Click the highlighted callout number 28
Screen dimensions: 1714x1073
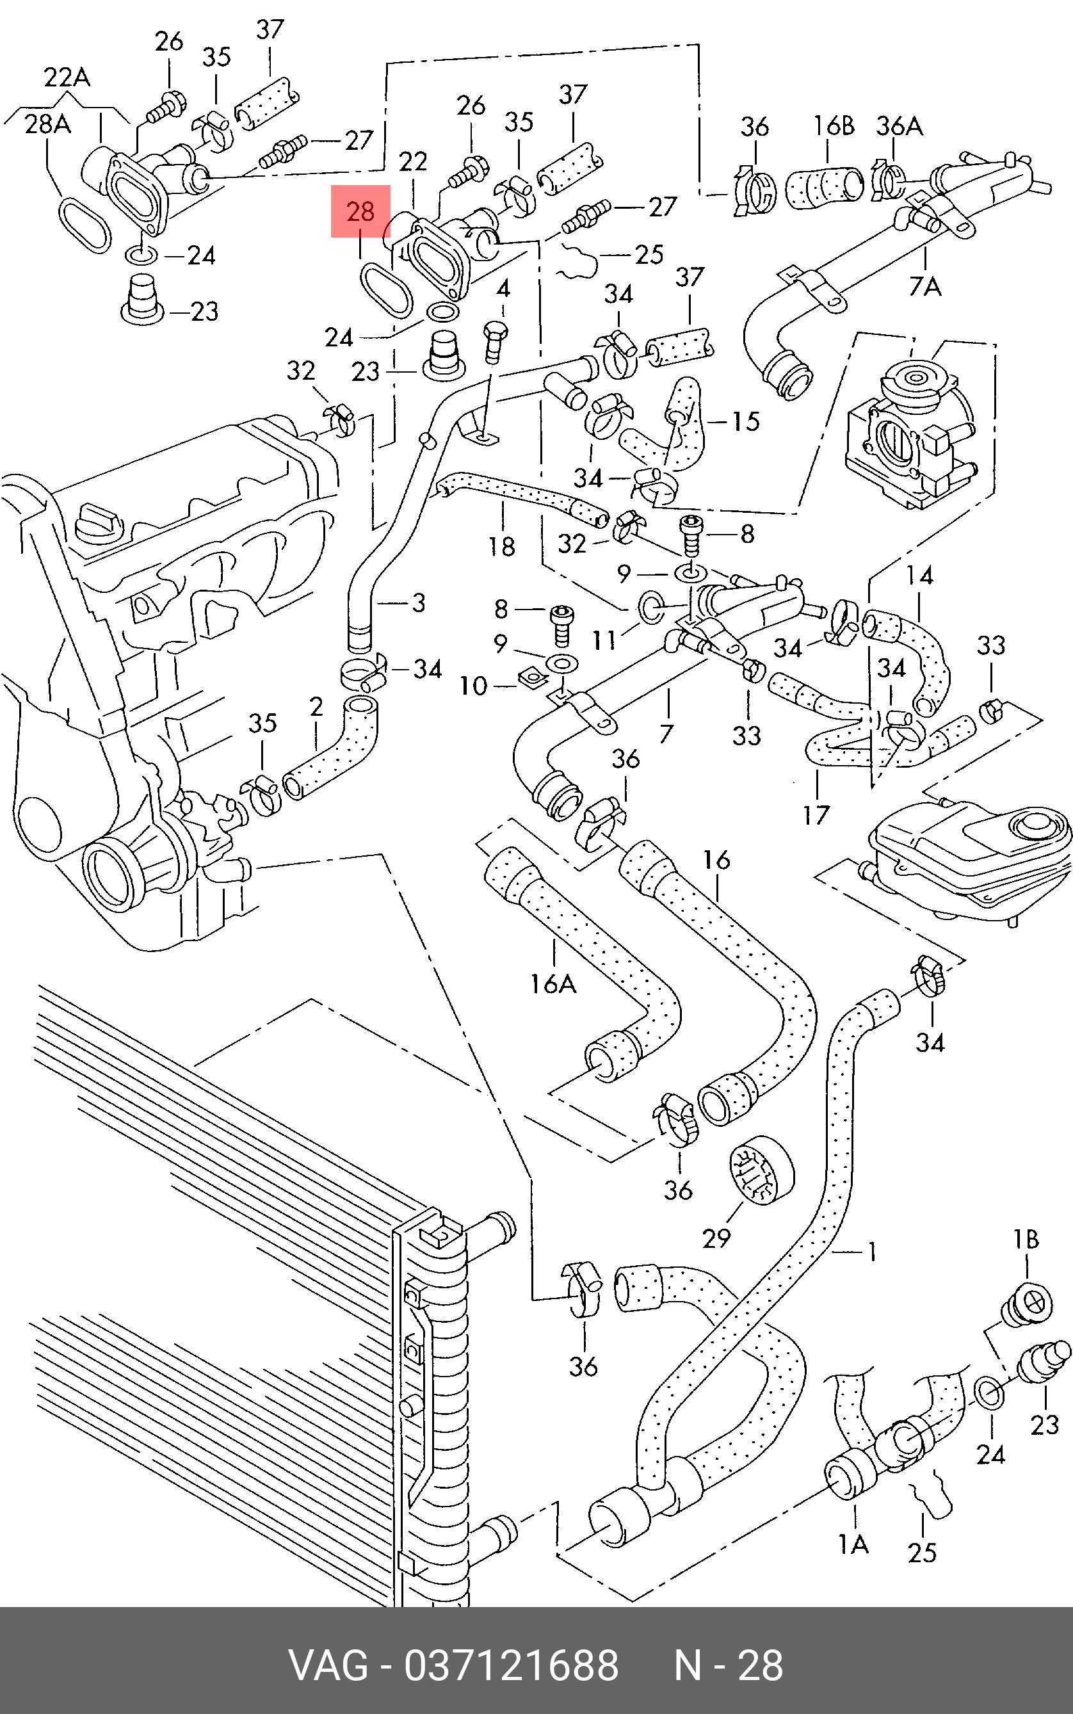pos(360,211)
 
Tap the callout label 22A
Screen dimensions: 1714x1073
pos(67,77)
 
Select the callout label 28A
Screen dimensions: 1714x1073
pos(47,124)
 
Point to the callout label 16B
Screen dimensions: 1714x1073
pos(833,125)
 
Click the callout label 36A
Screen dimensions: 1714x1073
pos(899,125)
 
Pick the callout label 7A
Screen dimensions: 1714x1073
pos(924,286)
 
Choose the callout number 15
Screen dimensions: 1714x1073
pos(745,421)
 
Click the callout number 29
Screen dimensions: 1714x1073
pos(716,1238)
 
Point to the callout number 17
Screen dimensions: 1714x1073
pos(816,815)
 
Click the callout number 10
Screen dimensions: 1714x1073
pos(473,686)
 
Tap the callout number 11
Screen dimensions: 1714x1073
pos(604,640)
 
